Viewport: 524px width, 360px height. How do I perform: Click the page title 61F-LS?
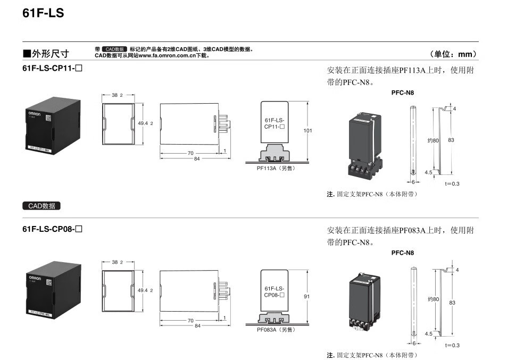[43, 13]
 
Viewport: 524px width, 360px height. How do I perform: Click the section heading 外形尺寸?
[46, 54]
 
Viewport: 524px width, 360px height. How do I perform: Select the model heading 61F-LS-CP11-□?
[53, 69]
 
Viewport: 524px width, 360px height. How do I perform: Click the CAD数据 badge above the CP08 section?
[41, 206]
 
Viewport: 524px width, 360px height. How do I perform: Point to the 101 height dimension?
[307, 130]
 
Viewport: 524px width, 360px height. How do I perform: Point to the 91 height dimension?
[306, 297]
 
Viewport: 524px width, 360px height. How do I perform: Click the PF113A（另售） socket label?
[275, 168]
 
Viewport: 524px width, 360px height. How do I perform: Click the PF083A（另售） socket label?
[275, 330]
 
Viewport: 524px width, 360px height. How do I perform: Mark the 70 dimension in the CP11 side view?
[190, 153]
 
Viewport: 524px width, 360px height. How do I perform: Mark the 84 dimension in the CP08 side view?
[197, 325]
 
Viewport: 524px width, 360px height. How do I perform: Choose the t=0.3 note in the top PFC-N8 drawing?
[452, 183]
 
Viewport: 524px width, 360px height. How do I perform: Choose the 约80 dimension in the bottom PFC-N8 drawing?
[434, 299]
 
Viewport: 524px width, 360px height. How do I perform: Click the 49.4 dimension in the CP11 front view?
[144, 123]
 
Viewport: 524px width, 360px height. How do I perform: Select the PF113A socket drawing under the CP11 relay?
[275, 155]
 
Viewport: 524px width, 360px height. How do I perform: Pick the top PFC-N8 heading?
[402, 93]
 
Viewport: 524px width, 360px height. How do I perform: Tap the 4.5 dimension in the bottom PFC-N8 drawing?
[428, 334]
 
